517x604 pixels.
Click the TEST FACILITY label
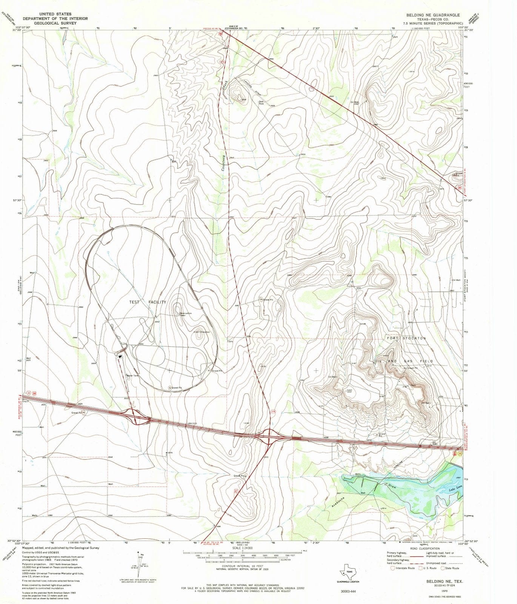tap(148, 302)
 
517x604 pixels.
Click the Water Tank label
tap(133, 376)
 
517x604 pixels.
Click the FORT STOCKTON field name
tap(406, 338)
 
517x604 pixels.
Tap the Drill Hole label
tap(261, 103)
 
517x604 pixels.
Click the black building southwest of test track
tap(120, 356)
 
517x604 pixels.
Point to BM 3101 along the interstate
tap(193, 424)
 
